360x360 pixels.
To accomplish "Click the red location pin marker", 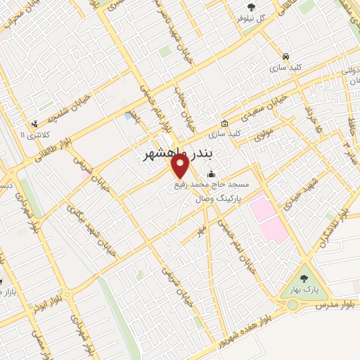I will pos(181,167).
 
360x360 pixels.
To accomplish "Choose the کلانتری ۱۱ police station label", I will pos(33,134).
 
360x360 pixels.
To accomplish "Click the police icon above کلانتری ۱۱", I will pos(33,122).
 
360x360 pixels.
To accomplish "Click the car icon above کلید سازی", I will pos(285,56).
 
